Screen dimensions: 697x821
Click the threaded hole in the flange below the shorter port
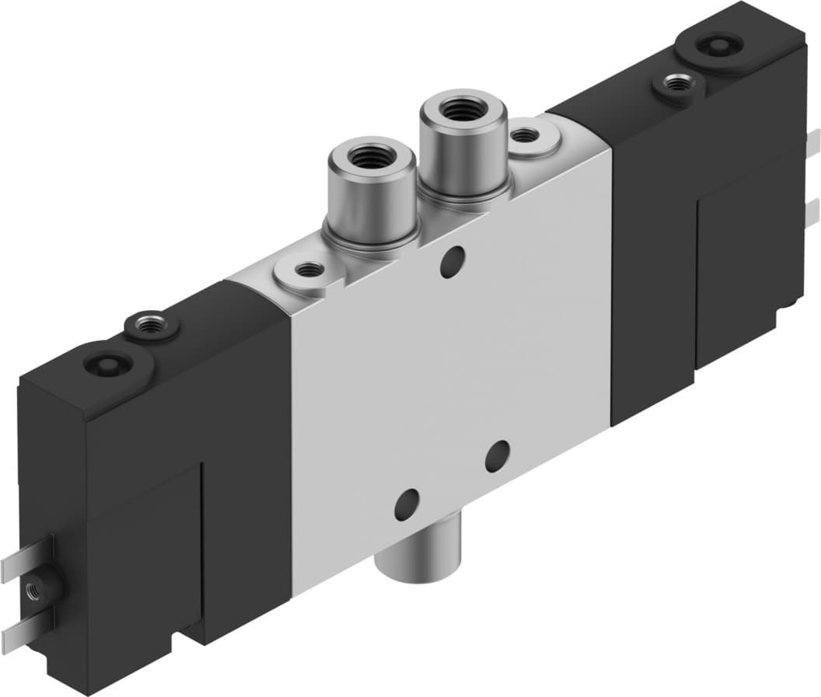(311, 270)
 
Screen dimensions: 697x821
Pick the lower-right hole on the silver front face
(497, 456)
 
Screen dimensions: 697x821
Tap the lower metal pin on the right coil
(812, 210)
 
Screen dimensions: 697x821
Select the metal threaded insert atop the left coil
(146, 321)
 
